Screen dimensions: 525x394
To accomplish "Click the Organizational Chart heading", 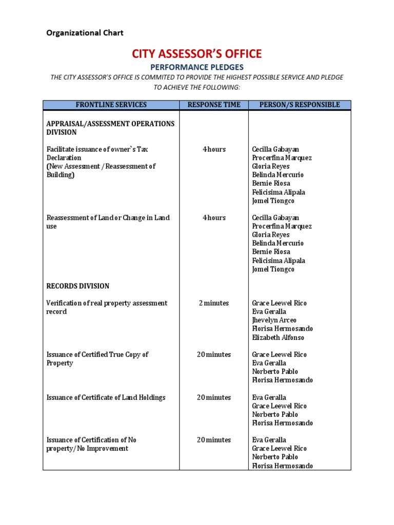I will point(85,33).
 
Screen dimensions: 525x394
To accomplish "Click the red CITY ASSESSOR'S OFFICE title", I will point(197,53).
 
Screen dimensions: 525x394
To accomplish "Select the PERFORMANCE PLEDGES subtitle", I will point(197,67).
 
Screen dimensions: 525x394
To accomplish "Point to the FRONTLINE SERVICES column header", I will point(111,105).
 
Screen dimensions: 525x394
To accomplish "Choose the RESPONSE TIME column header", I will point(214,105).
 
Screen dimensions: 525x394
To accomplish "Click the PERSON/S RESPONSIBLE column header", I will point(300,105).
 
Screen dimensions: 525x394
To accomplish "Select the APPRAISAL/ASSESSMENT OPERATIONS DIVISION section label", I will point(110,128).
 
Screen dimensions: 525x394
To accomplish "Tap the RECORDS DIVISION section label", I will point(77,286).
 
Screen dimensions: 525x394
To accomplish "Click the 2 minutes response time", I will point(214,303).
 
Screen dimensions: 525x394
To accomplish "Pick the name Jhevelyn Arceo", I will point(274,320).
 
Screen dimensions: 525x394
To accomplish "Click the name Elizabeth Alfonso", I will point(277,337).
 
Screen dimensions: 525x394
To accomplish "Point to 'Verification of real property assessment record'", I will point(107,307).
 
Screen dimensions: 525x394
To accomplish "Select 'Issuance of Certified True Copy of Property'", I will point(97,358).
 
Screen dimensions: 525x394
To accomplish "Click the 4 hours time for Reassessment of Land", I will point(214,217).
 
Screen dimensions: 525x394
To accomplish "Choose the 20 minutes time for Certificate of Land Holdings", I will point(214,397).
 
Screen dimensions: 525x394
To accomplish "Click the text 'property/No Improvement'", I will point(87,449).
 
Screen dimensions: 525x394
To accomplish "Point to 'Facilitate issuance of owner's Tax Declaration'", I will point(97,153).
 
